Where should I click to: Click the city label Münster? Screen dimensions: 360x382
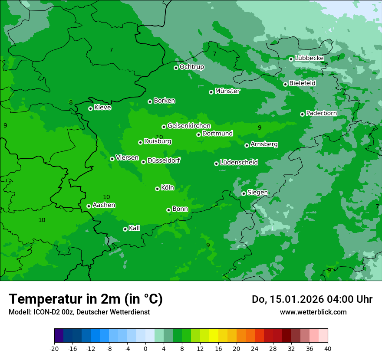(x=227, y=91)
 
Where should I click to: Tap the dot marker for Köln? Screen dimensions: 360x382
(x=157, y=189)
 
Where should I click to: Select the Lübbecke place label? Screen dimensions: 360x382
(x=309, y=58)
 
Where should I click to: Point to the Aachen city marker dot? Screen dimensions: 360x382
(x=89, y=206)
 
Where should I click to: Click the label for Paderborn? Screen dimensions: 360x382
(x=321, y=113)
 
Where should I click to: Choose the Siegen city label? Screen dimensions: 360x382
(x=257, y=193)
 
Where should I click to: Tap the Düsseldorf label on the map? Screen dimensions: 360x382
(x=163, y=160)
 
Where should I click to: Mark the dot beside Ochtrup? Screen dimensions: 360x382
(x=176, y=68)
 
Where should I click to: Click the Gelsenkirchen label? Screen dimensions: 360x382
(x=189, y=126)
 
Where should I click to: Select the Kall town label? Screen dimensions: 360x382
(x=134, y=228)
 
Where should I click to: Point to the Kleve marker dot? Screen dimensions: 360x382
(x=90, y=108)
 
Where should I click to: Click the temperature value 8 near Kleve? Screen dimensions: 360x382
(x=71, y=103)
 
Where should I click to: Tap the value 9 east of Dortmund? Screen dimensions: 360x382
(x=260, y=128)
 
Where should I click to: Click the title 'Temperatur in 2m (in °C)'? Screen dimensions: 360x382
(x=86, y=299)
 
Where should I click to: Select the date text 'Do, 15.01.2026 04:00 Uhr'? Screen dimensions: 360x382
(x=312, y=299)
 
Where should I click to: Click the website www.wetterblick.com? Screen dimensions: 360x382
(x=313, y=312)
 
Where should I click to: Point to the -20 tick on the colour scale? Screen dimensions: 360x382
(x=54, y=348)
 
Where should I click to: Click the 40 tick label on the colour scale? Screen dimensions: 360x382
(x=328, y=348)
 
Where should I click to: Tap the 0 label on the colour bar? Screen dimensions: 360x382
(x=145, y=348)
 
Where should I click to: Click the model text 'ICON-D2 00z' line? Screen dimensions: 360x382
(x=79, y=312)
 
